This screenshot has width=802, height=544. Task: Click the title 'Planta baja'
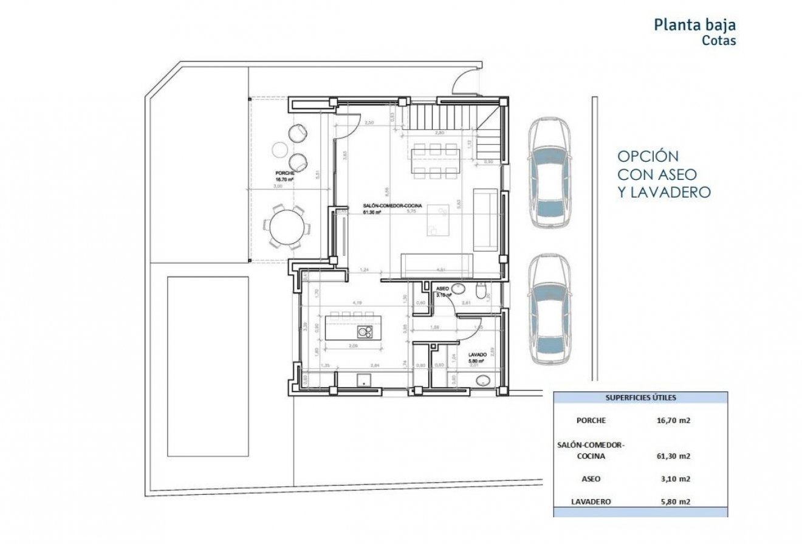coord(694,25)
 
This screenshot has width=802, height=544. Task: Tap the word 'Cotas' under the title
coord(719,41)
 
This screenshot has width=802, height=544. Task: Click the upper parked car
coord(549,173)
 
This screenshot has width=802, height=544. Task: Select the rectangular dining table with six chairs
coord(434,160)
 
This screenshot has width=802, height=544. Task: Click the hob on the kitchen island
coord(365,331)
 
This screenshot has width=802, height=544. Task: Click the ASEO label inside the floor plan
coord(442,288)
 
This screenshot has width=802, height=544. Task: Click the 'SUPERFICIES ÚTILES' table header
coord(641,398)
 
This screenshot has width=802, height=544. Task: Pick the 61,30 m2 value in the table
coord(675,456)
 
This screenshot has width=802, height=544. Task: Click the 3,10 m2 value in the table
coord(675,479)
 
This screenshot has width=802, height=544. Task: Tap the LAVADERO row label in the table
coord(591,502)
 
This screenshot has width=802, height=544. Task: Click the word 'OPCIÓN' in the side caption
coord(648,156)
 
